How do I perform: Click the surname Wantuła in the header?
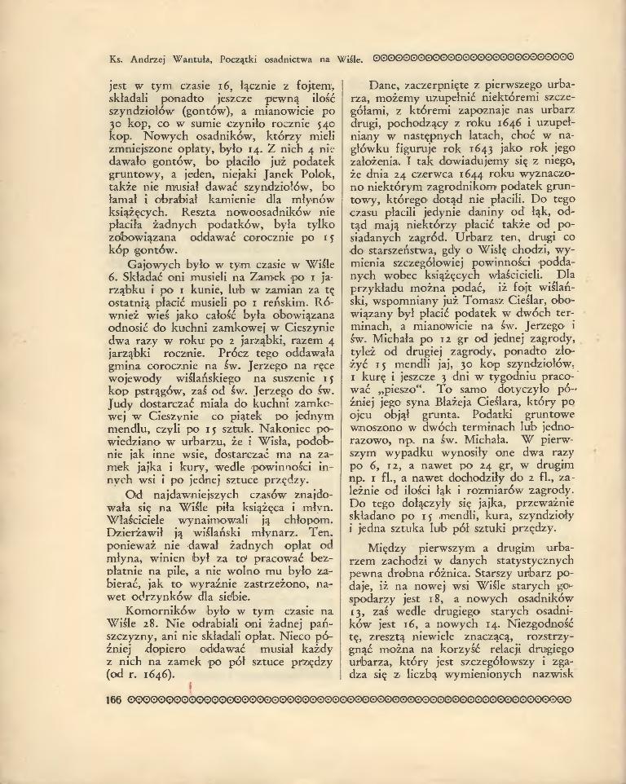(192, 58)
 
